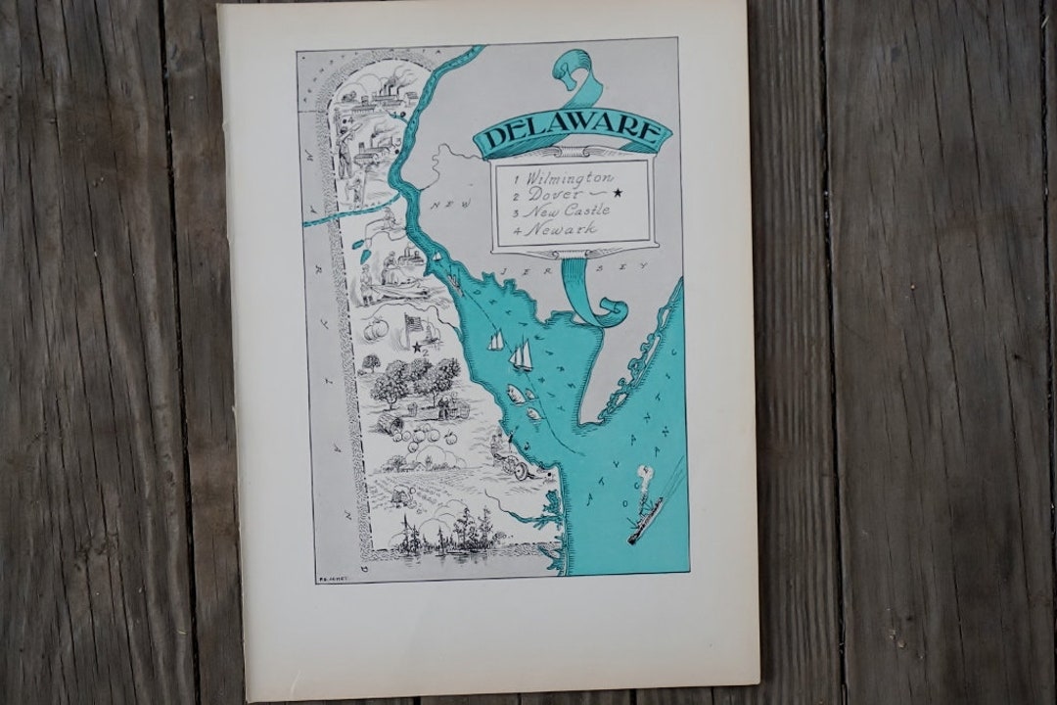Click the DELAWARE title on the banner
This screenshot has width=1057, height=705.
[573, 134]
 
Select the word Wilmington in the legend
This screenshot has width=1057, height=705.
[569, 178]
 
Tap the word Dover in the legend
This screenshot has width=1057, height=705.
[554, 195]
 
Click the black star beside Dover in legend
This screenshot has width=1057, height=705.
[618, 193]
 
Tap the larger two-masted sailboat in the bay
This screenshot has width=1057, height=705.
[522, 354]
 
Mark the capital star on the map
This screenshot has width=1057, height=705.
[416, 347]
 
